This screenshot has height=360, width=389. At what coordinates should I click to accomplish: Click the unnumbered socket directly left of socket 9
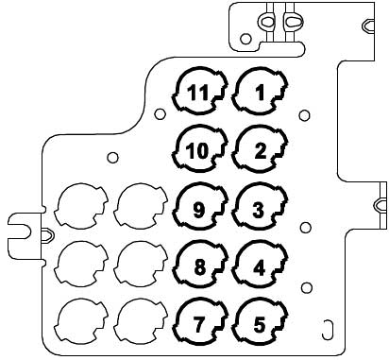click(141, 207)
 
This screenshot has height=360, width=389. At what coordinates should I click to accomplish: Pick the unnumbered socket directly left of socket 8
click(141, 265)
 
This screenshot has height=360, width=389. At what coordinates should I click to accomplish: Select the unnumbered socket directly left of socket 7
click(141, 322)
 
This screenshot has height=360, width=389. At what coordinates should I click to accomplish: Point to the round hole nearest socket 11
click(160, 113)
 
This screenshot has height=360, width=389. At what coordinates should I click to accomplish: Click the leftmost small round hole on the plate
click(112, 157)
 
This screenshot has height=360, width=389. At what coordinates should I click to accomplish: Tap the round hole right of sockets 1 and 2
click(304, 115)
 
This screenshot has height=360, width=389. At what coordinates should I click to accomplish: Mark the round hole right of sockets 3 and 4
click(305, 227)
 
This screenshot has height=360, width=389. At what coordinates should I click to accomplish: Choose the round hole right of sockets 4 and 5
click(307, 287)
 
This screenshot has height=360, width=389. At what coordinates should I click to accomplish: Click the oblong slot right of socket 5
click(328, 330)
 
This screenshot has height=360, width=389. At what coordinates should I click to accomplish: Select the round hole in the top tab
click(245, 39)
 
